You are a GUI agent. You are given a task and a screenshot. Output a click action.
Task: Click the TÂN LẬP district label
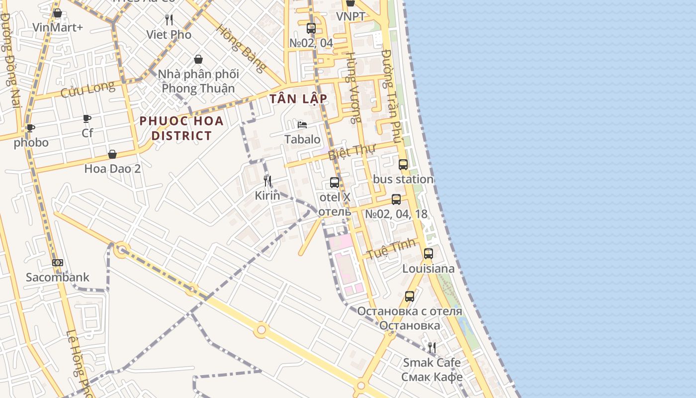298,99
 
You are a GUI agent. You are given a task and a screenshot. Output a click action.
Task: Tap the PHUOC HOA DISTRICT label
181,128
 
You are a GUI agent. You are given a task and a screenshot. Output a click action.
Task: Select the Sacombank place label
58,277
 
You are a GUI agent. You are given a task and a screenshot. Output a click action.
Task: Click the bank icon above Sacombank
58,263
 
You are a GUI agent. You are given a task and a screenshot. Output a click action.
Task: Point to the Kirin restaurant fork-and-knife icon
267,181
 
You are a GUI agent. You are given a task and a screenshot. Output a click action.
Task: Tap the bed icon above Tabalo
302,124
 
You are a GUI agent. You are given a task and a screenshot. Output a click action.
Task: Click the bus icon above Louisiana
428,253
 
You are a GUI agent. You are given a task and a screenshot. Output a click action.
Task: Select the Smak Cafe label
432,362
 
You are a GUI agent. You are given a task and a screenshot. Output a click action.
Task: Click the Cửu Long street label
87,90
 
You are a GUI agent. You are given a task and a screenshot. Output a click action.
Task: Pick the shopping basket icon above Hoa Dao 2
112,154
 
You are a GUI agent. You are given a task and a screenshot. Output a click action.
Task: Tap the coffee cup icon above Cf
87,118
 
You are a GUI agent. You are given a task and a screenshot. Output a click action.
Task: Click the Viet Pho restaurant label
169,34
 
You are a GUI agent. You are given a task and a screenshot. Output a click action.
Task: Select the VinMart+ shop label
58,27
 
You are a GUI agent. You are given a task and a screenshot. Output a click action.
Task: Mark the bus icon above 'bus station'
403,164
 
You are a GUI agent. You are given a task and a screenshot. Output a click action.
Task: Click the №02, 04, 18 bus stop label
396,214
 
